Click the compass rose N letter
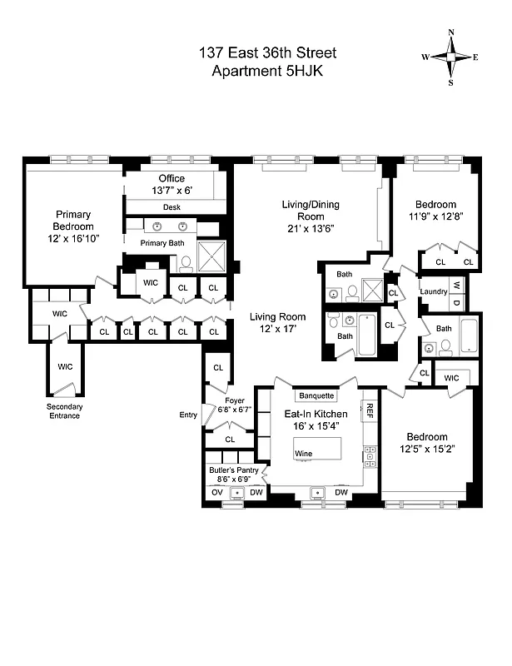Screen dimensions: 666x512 451,33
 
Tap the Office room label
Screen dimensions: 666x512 171,179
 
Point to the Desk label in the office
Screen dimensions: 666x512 171,207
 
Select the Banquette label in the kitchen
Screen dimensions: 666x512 316,396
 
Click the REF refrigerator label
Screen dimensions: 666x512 369,410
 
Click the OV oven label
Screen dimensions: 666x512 216,494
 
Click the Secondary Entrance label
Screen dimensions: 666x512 63,411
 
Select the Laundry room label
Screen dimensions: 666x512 434,291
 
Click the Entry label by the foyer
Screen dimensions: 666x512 187,415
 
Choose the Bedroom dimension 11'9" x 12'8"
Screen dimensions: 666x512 436,218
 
